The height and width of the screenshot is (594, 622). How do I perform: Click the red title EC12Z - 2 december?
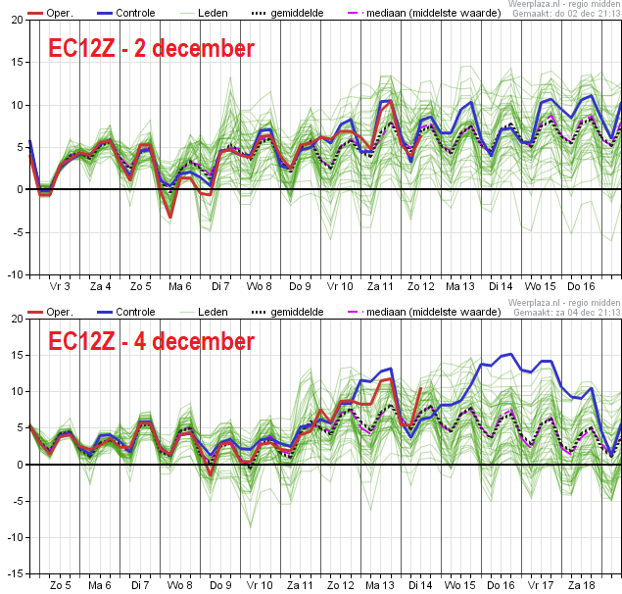pyautogui.click(x=151, y=48)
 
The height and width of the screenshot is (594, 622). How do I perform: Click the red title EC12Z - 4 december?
pyautogui.click(x=151, y=341)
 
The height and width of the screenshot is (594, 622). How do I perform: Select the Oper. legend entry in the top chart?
pyautogui.click(x=50, y=13)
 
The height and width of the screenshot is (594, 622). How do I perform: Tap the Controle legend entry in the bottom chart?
pyautogui.click(x=125, y=312)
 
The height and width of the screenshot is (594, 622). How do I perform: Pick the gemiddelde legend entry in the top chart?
pyautogui.click(x=288, y=13)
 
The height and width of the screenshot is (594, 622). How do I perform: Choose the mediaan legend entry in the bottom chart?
pyautogui.click(x=424, y=312)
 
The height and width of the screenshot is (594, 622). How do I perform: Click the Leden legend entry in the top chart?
pyautogui.click(x=204, y=13)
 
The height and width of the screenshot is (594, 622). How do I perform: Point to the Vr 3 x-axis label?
pyautogui.click(x=60, y=286)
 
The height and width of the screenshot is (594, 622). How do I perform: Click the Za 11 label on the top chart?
pyautogui.click(x=380, y=286)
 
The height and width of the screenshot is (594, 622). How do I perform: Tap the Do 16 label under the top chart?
pyautogui.click(x=581, y=286)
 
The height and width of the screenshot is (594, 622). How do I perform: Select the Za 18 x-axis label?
pyautogui.click(x=581, y=585)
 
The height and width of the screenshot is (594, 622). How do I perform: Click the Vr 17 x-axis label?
pyautogui.click(x=541, y=585)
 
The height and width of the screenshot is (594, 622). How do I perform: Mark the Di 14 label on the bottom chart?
pyautogui.click(x=420, y=585)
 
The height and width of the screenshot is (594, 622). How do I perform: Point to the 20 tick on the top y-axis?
pyautogui.click(x=18, y=20)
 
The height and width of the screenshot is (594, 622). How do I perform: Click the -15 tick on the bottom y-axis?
pyautogui.click(x=16, y=573)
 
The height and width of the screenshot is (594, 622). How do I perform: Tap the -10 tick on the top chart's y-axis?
pyautogui.click(x=16, y=274)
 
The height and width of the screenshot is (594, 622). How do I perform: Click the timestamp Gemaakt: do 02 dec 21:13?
pyautogui.click(x=566, y=14)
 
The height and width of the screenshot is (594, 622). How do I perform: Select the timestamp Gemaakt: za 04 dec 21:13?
pyautogui.click(x=567, y=313)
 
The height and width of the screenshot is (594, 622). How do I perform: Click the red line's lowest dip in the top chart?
pyautogui.click(x=170, y=218)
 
